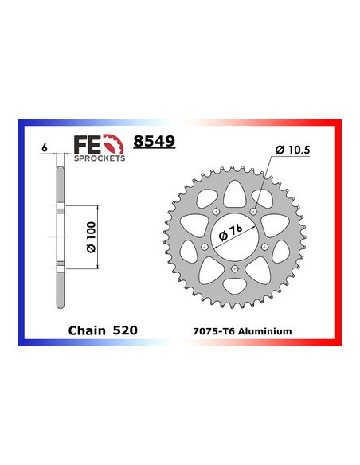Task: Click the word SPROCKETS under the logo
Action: point(100,158)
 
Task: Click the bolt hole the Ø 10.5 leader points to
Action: point(254,210)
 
